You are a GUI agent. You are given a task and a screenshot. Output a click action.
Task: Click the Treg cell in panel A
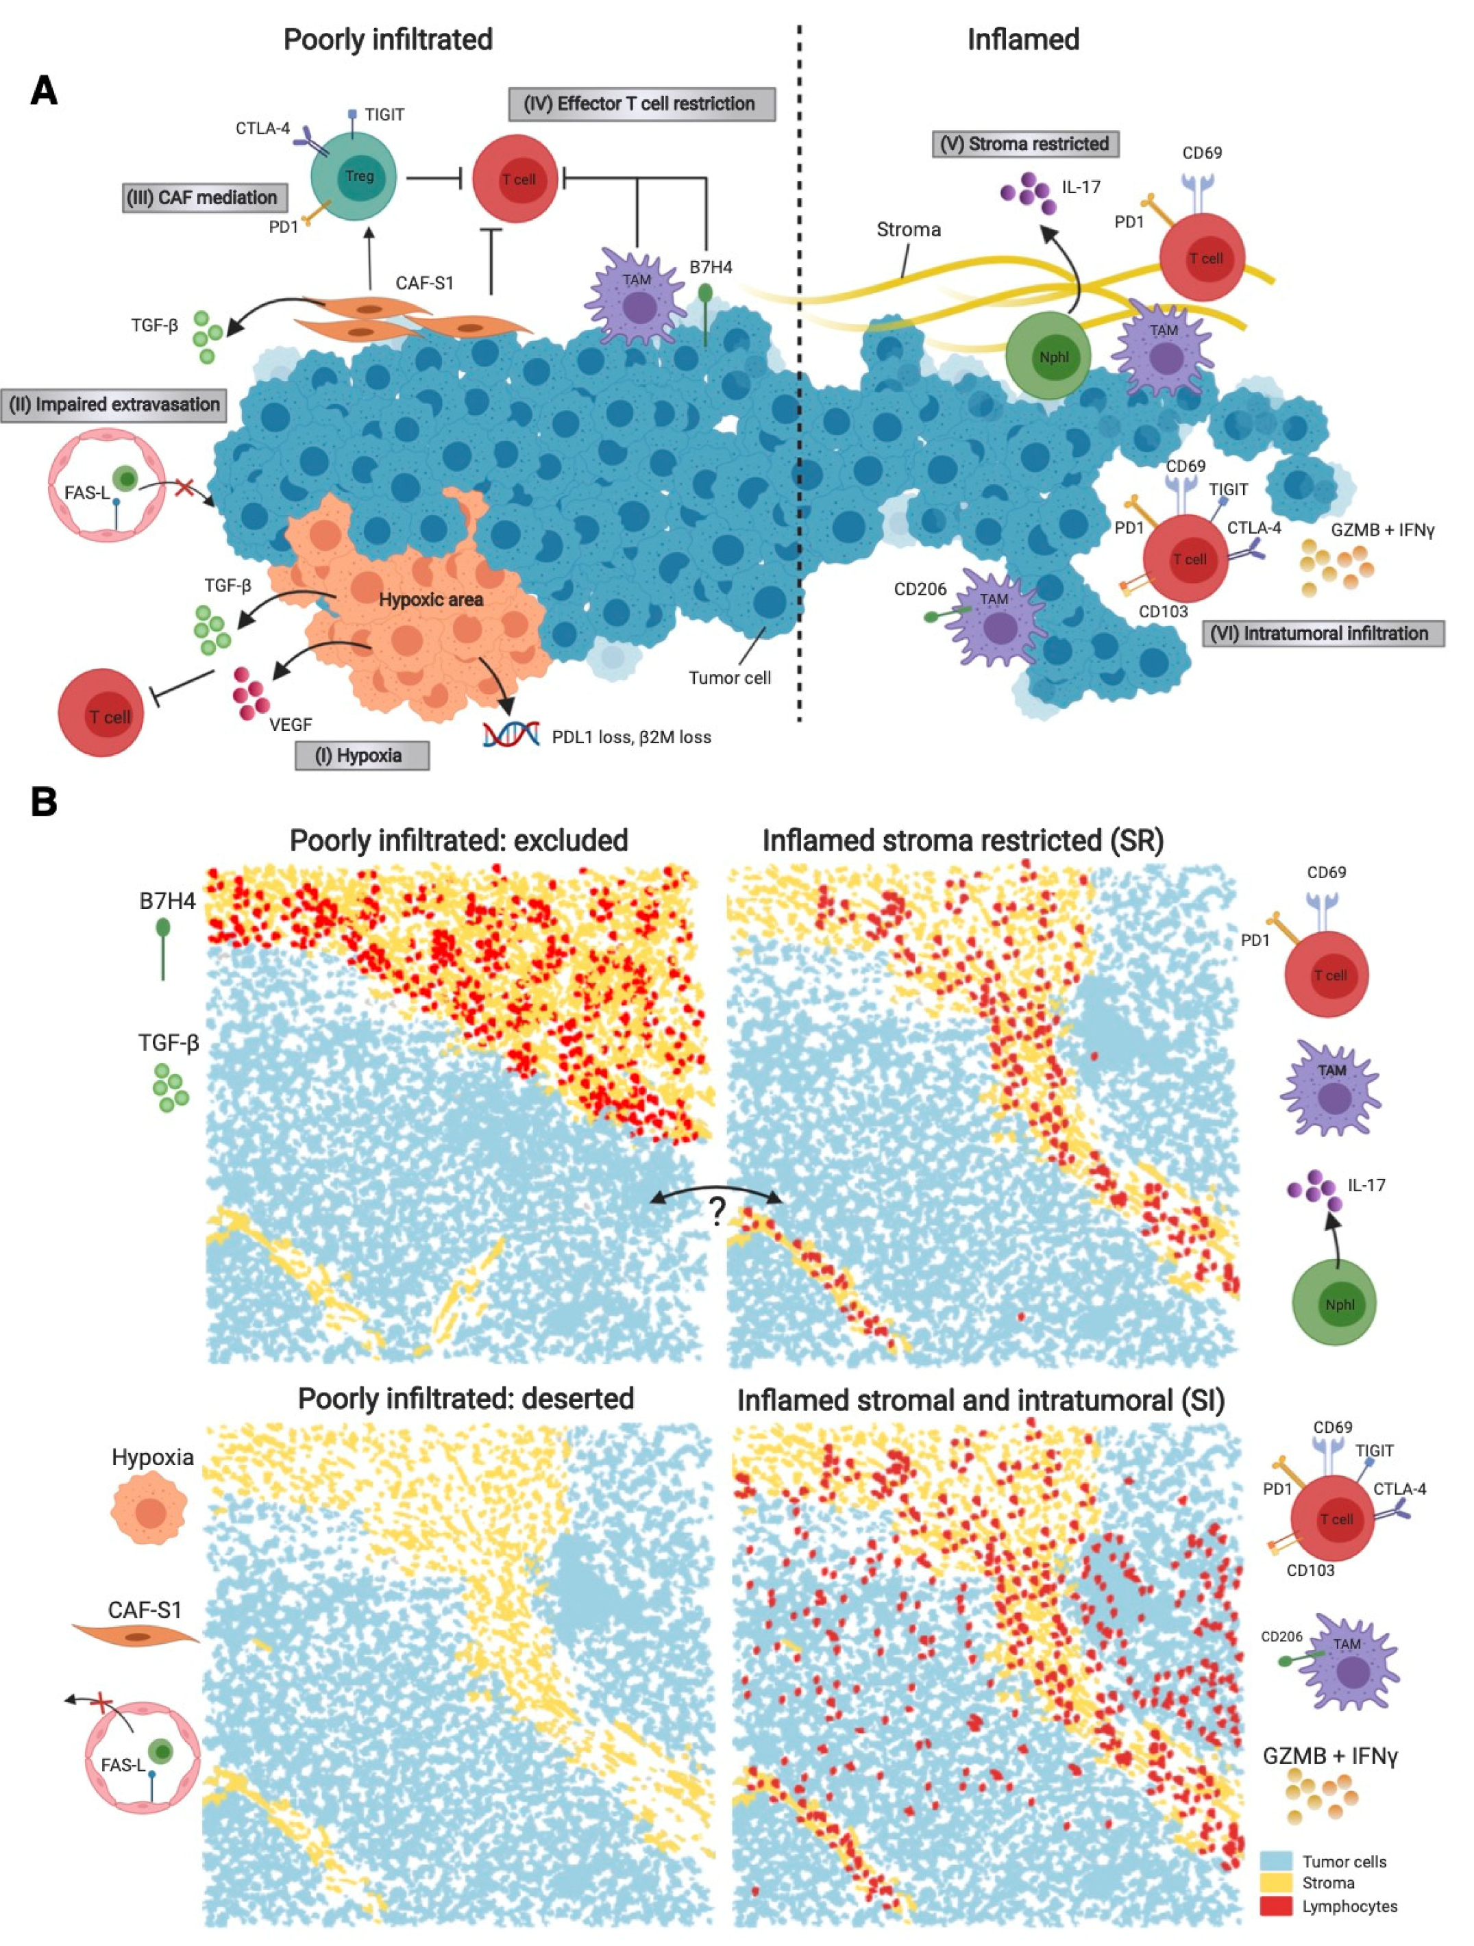click(354, 177)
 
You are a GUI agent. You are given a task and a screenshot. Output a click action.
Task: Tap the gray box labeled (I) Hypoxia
click(362, 755)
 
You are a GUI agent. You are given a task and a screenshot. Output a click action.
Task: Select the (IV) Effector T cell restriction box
click(641, 104)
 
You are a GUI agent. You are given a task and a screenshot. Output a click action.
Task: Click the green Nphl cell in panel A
click(1048, 355)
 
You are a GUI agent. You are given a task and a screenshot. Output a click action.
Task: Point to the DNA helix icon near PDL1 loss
click(511, 734)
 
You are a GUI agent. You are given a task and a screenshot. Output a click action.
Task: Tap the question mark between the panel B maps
click(717, 1212)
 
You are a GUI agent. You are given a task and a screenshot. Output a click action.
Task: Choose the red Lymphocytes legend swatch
click(1276, 1906)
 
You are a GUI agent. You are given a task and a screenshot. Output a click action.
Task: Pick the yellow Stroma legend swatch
click(1276, 1883)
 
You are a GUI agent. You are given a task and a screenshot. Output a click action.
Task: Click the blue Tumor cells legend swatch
click(1276, 1860)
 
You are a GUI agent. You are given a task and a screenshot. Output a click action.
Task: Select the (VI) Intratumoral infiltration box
click(1323, 634)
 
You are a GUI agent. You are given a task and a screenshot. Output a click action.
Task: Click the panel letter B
click(44, 801)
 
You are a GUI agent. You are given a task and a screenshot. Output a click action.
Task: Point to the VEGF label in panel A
click(291, 724)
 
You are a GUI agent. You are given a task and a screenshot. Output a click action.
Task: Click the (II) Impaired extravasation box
click(114, 405)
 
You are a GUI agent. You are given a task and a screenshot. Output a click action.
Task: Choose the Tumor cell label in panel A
click(730, 677)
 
